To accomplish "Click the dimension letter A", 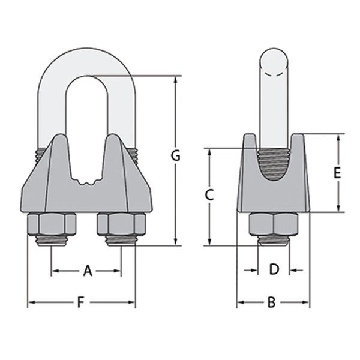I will coord(87,272).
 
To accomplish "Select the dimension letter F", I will coord(80,303).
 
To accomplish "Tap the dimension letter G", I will coord(176,156).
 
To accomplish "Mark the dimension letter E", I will coord(337,173).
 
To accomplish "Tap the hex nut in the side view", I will coord(274,226).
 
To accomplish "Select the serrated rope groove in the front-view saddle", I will coord(87,179).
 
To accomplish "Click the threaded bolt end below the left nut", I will coord(53,242).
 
